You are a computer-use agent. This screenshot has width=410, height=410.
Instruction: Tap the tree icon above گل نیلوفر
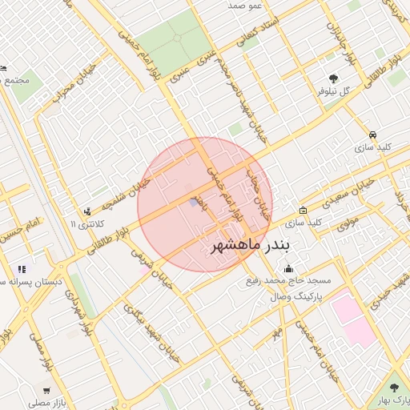(333, 78)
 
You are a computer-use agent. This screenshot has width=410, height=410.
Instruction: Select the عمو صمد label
(246, 6)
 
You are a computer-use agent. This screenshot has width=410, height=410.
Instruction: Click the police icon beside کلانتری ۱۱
(87, 212)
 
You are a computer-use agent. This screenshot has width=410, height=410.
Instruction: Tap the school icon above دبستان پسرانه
(22, 270)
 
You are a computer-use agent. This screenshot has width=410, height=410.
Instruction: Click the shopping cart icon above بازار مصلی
(46, 391)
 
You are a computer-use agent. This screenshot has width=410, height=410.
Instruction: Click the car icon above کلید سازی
(372, 135)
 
